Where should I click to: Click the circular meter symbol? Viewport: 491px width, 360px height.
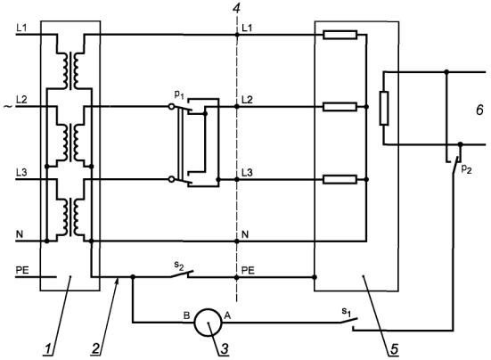click(x=208, y=323)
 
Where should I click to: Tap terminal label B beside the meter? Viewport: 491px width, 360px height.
click(x=186, y=315)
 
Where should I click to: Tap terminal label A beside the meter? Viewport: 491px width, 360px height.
click(x=227, y=315)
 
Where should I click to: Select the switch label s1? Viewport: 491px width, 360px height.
click(x=346, y=312)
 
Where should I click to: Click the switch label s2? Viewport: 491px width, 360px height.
click(x=179, y=266)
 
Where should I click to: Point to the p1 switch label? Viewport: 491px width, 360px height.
click(x=179, y=94)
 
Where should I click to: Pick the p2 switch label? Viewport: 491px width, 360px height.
click(x=466, y=169)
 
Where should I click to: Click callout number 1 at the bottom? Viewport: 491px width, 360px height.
click(x=47, y=349)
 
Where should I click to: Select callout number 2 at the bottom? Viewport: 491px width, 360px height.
click(x=96, y=349)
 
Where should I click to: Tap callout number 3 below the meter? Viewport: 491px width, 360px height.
click(x=225, y=349)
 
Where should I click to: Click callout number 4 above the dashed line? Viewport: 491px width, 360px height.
click(x=236, y=8)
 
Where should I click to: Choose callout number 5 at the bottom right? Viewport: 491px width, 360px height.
click(x=394, y=349)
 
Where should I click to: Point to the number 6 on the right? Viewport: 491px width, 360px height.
click(x=479, y=110)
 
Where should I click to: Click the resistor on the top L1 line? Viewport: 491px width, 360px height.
click(x=340, y=35)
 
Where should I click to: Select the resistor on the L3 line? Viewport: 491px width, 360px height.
click(x=340, y=179)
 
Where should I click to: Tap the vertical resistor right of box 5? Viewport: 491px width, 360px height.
click(x=384, y=109)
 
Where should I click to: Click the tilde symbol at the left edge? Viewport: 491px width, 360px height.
click(x=8, y=107)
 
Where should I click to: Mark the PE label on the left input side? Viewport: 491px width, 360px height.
click(x=22, y=270)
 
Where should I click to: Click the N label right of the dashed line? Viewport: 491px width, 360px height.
click(x=245, y=234)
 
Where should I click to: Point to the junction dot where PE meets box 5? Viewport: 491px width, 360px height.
click(x=315, y=277)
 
